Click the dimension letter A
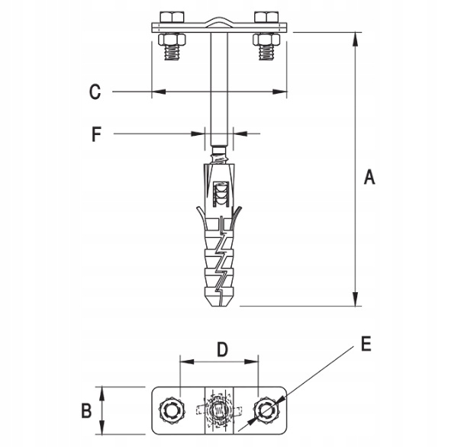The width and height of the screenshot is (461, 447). click(369, 177)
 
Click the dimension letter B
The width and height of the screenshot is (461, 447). click(86, 410)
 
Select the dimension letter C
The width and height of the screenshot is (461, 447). click(95, 92)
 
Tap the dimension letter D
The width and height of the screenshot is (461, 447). click(223, 349)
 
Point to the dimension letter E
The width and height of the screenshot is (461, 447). click(366, 344)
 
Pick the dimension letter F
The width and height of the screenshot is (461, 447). click(97, 134)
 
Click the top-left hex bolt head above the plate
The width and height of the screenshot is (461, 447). click(172, 17)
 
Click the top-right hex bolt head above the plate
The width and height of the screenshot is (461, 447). click(266, 17)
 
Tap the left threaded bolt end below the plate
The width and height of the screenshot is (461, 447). click(172, 53)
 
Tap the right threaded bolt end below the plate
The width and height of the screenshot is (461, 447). click(266, 53)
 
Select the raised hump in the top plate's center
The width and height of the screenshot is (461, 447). click(219, 23)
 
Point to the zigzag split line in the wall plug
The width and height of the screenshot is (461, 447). click(220, 262)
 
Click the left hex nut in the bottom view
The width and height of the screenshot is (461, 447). click(172, 410)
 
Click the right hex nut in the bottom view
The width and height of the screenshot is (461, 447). click(267, 410)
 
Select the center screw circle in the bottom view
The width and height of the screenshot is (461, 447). click(219, 410)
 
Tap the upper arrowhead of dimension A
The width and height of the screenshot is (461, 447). click(356, 38)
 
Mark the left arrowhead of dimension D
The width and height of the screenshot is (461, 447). click(187, 362)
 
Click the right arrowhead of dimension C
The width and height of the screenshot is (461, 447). click(279, 92)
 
